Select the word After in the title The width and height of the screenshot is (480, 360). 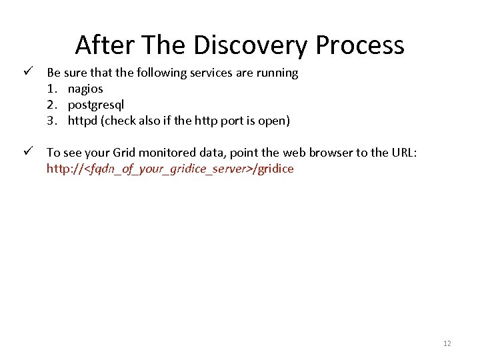(101, 45)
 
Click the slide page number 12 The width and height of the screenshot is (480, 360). (447, 343)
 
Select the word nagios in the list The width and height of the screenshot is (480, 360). (85, 89)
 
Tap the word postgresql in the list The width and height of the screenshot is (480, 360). (96, 105)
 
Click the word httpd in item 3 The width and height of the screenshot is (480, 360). (82, 121)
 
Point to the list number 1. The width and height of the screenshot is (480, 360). (51, 89)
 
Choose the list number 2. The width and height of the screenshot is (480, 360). (51, 105)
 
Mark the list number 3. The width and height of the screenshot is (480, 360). (51, 121)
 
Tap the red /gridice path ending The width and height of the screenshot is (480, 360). (273, 169)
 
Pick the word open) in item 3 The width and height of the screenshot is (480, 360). (273, 121)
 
